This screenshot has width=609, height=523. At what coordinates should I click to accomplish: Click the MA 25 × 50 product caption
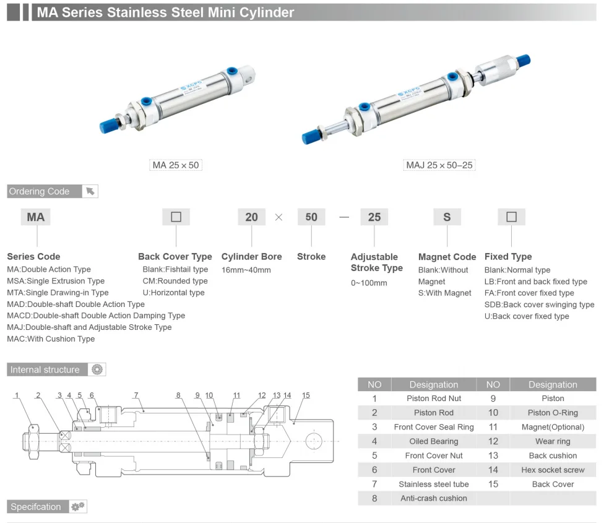(x=176, y=165)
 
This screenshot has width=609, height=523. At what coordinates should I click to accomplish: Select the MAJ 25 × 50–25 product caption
(x=439, y=165)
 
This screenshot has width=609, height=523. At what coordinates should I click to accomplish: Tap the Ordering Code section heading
(x=39, y=191)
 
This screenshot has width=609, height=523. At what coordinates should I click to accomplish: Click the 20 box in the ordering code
(x=252, y=217)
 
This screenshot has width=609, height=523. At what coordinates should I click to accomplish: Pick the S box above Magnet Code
(x=447, y=217)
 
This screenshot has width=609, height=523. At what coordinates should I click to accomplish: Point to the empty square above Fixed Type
(x=511, y=217)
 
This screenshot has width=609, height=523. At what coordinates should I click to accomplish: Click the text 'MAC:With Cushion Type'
(x=51, y=339)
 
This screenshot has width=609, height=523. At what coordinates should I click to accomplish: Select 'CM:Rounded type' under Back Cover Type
(x=175, y=281)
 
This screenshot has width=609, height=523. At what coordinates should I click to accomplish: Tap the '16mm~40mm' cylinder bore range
(x=246, y=270)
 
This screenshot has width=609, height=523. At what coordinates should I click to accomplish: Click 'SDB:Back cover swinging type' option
(x=540, y=305)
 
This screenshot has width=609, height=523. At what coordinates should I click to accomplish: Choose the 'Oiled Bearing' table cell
(x=434, y=441)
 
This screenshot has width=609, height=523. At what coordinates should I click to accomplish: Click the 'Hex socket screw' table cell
(x=553, y=470)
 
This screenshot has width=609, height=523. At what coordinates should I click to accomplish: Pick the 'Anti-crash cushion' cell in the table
(x=434, y=498)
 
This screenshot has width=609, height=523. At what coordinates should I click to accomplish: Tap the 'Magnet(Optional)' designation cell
(x=553, y=427)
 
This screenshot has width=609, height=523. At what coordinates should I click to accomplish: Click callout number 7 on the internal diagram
(x=136, y=395)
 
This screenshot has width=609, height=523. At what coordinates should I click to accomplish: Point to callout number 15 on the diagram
(x=306, y=395)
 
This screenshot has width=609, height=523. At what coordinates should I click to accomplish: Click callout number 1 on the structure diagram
(x=17, y=395)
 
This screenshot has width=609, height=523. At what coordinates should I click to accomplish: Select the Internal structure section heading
(x=45, y=370)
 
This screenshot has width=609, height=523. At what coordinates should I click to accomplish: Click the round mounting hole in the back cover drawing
(x=313, y=441)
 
